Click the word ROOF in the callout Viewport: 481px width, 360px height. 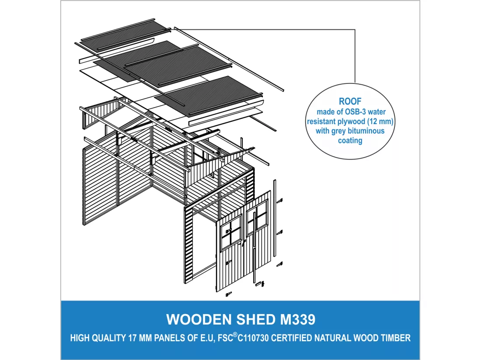pos(350,101)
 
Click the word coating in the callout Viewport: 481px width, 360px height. pos(350,141)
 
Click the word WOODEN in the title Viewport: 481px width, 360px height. pos(199,319)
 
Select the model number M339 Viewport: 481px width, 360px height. pos(297,319)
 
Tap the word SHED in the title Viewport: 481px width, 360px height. pos(256,319)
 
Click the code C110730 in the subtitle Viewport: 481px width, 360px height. pos(253,338)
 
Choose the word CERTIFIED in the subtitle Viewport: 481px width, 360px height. pos(290,338)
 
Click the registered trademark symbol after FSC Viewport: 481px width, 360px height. pos(235,335)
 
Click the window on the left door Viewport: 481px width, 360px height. pos(231,232)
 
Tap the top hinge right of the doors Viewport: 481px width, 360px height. pos(279,201)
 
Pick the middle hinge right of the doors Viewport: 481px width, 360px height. pos(279,232)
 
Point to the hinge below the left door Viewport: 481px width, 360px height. pos(229,294)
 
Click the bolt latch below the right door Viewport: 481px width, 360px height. pos(259,284)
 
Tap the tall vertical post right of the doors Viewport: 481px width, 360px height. pos(275,218)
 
